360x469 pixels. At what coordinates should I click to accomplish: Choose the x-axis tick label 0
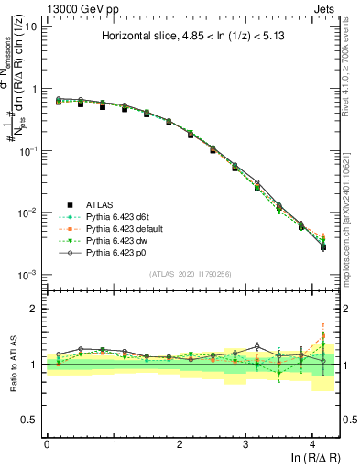[47, 443]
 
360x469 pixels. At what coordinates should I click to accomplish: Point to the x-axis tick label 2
[180, 443]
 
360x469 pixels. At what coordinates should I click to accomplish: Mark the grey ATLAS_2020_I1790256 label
[191, 274]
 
